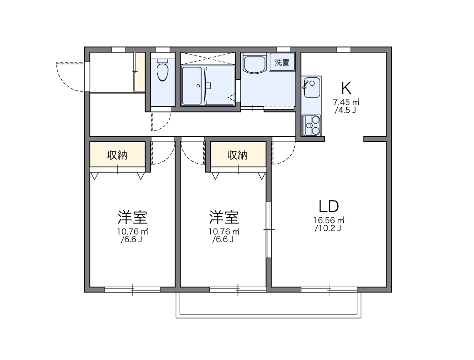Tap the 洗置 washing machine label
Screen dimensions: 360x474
tap(282, 62)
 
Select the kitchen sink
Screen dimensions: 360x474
tap(311, 87)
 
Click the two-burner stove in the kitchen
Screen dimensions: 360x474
tap(311, 125)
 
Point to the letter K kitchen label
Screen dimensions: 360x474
tap(346, 88)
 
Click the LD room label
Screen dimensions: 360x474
tap(328, 206)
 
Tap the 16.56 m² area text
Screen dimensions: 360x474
tap(328, 220)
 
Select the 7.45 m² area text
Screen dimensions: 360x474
tap(346, 102)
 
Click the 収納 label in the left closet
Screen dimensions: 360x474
tap(117, 155)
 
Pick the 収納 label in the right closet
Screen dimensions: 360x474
tap(237, 155)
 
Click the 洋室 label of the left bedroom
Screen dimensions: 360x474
tap(132, 217)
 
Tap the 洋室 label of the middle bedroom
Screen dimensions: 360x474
tap(224, 217)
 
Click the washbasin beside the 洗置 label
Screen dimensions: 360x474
tap(255, 64)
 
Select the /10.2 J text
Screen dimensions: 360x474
tap(328, 228)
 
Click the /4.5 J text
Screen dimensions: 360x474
tap(346, 111)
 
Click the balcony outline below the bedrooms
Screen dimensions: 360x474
tap(268, 316)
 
